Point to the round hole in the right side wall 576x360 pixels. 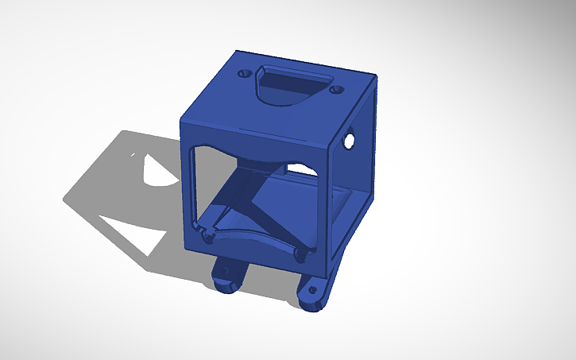[x=349, y=141]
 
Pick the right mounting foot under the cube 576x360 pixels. [x=314, y=292]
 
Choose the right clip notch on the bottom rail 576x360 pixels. [x=300, y=254]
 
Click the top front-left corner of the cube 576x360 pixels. [x=182, y=119]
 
